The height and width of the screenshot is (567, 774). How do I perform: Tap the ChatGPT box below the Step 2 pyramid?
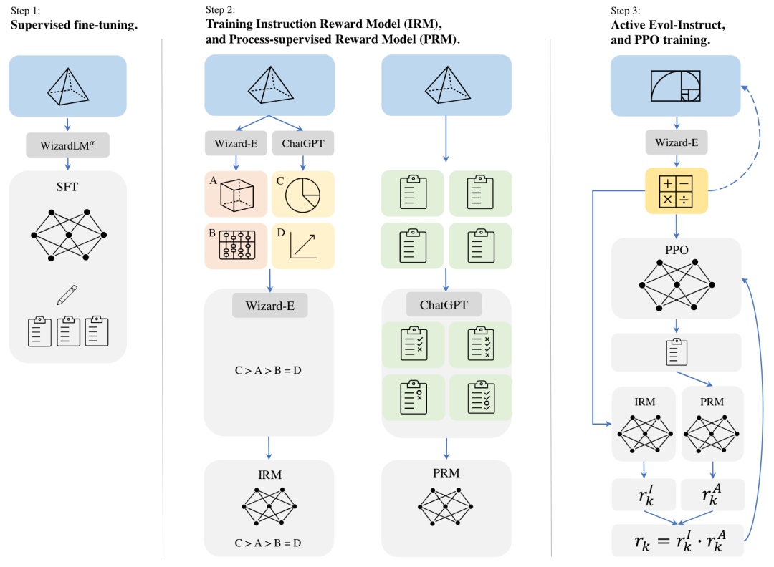[302, 143]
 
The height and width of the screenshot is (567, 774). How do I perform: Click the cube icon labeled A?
[236, 193]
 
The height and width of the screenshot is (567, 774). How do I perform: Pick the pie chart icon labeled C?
[302, 193]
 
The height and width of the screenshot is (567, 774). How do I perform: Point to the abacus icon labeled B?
[236, 246]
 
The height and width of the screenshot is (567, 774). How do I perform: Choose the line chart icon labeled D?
[302, 246]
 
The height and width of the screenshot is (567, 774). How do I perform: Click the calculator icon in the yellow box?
[677, 189]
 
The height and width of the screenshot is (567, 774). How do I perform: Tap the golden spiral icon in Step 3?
[677, 86]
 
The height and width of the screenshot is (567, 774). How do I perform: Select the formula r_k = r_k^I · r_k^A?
[678, 540]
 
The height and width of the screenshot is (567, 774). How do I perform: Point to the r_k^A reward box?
[713, 495]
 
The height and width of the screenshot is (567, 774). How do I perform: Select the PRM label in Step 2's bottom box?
[446, 473]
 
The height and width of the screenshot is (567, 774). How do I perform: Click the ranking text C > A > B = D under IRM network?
[268, 543]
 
